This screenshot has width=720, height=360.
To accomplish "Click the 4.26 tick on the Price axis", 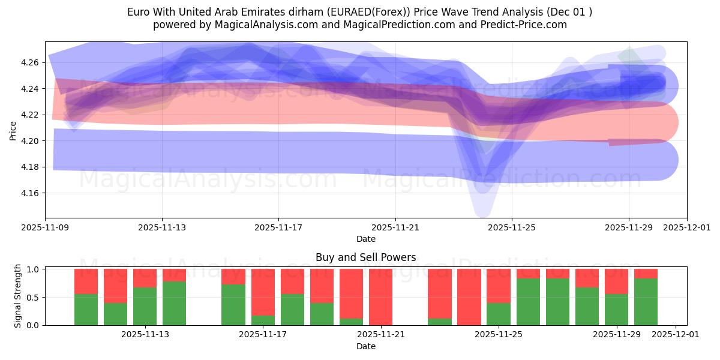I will [31, 62].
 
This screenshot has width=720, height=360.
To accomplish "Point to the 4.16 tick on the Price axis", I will [31, 193].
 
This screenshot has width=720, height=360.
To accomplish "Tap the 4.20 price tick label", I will [31, 141].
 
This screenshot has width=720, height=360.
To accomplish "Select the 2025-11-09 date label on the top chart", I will [45, 228].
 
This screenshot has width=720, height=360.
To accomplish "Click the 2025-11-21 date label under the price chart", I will [395, 228].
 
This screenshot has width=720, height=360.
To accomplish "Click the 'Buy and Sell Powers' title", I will [365, 257].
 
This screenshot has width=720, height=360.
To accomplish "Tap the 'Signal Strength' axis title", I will [18, 296].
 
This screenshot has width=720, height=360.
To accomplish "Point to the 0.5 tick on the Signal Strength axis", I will [34, 297].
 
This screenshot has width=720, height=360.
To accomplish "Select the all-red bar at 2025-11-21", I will [380, 297].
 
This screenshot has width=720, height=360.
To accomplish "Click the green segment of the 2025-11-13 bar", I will [145, 307].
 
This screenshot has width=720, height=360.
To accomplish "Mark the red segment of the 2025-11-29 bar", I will [616, 281].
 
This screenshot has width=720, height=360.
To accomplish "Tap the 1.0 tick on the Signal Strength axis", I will [34, 269].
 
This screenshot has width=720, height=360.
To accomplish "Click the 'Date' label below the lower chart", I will [365, 346].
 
